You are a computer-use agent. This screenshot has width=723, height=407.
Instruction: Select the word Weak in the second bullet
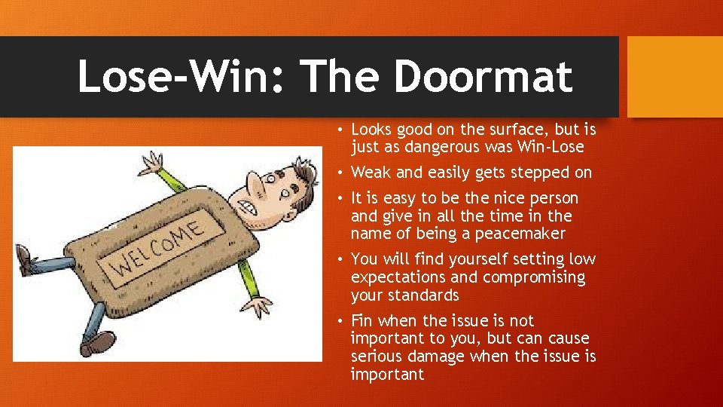[371, 173]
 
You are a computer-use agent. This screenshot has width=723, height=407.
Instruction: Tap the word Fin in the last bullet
[363, 320]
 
